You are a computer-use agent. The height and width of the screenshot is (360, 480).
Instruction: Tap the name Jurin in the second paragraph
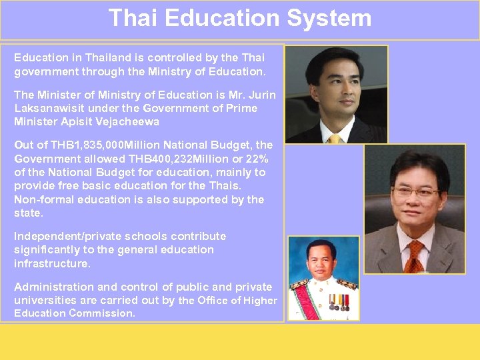[x=262, y=95]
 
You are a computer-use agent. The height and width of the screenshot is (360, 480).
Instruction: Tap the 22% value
[x=253, y=159]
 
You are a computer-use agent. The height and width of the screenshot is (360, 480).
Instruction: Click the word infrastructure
[x=51, y=263]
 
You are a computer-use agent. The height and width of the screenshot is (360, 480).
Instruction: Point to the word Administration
[x=54, y=287]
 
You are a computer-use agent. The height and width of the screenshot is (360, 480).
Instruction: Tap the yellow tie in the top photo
[x=333, y=138]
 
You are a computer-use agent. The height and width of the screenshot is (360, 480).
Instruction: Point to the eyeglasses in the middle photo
[x=415, y=191]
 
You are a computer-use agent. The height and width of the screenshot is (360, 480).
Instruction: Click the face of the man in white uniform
[x=321, y=257]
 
